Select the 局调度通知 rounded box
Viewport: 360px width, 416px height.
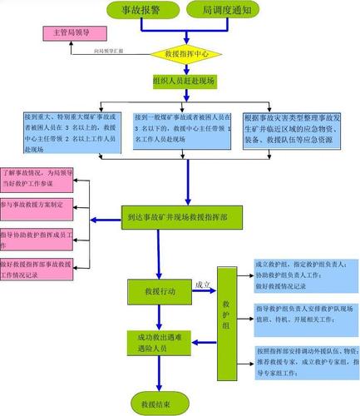pyautogui.click(x=226, y=10)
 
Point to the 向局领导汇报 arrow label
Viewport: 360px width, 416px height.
pyautogui.click(x=109, y=52)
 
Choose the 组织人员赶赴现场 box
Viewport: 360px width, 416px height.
pyautogui.click(x=184, y=81)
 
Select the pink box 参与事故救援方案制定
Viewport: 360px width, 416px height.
pyautogui.click(x=37, y=204)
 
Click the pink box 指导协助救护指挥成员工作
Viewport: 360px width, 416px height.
pyautogui.click(x=37, y=235)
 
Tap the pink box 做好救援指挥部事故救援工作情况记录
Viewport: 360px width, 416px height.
pyautogui.click(x=37, y=266)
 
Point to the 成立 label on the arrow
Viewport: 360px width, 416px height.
pyautogui.click(x=202, y=285)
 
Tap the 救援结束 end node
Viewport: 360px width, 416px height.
pyautogui.click(x=156, y=404)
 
